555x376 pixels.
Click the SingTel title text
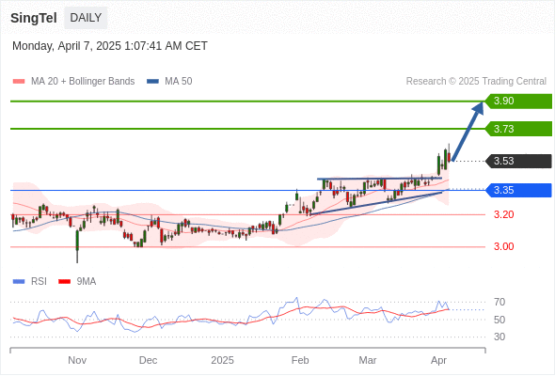[34, 18]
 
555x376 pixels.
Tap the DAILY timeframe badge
[86, 18]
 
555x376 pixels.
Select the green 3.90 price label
[518, 102]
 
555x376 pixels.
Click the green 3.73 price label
[518, 129]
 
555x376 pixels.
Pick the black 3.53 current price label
[518, 161]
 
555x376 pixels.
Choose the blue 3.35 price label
[518, 190]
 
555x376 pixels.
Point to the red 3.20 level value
[503, 214]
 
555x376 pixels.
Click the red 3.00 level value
[503, 246]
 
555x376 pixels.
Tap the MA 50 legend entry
[169, 82]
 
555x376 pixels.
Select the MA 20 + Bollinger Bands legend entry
[73, 82]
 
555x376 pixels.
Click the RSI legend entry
[30, 282]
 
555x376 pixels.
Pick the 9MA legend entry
[77, 282]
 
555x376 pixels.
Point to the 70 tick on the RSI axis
[499, 302]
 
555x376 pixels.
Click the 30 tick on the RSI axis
[499, 337]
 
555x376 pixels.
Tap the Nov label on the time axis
[77, 360]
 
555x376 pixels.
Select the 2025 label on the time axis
[222, 360]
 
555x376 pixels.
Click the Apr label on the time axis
[438, 360]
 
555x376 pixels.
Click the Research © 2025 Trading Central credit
[476, 82]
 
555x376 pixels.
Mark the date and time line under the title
[110, 46]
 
